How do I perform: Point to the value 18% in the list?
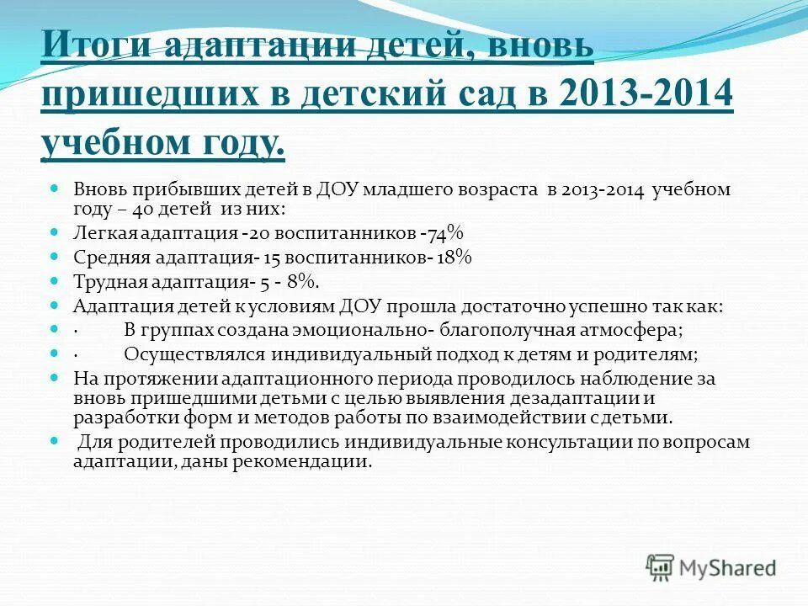coord(454,258)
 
